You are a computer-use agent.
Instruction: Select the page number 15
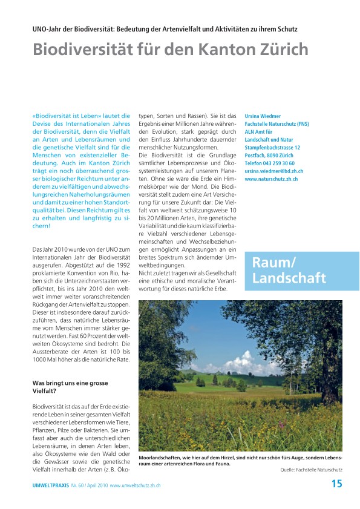click(x=336, y=483)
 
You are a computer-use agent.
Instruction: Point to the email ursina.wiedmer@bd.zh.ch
click(x=273, y=171)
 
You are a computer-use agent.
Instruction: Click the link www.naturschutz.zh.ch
click(x=270, y=179)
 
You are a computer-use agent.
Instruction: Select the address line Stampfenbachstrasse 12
click(x=272, y=147)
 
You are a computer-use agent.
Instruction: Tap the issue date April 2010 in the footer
click(x=95, y=485)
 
